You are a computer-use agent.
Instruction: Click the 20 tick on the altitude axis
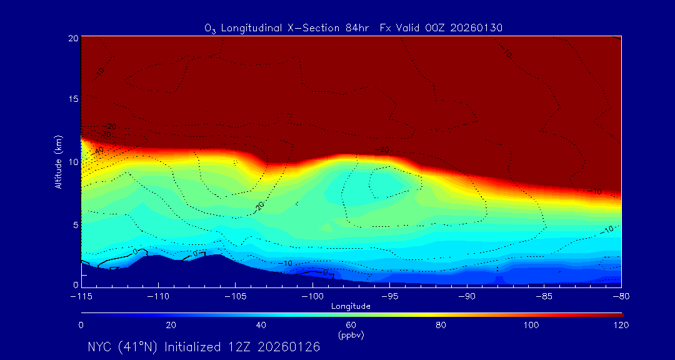click(72, 38)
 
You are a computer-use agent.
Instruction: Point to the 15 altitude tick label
click(72, 99)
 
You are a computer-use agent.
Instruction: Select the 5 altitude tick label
click(75, 224)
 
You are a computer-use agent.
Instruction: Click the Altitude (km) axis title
click(58, 161)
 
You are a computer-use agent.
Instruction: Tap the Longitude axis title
click(351, 306)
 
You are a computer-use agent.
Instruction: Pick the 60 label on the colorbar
click(351, 325)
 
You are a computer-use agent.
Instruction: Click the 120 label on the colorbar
click(621, 325)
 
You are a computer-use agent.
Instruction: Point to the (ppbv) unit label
click(351, 335)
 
